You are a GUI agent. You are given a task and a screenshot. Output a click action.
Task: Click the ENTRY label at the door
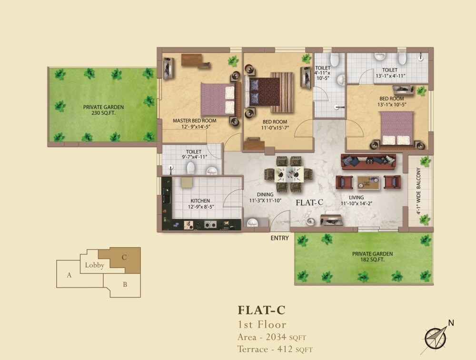(279, 238)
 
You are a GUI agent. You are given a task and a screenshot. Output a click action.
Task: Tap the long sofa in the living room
(368, 161)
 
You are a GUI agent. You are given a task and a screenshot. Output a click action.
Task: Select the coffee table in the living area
(369, 182)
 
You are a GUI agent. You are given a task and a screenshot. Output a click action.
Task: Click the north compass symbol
(436, 337)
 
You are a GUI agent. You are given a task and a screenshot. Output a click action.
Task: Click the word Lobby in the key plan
(94, 265)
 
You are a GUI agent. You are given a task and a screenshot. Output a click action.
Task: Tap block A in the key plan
(69, 275)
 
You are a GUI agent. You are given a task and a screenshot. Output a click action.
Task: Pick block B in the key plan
(125, 285)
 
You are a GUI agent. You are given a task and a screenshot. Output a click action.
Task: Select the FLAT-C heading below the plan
(261, 310)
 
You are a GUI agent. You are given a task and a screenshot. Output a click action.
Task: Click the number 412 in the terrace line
(285, 349)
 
